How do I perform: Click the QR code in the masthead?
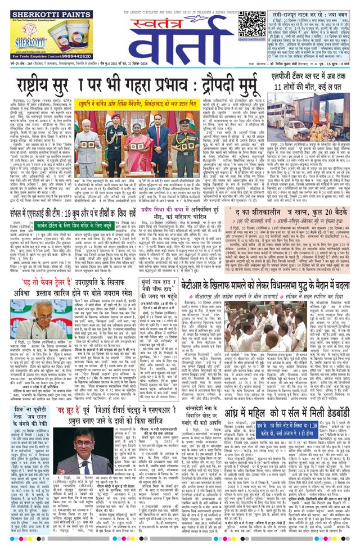(x=251, y=24)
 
